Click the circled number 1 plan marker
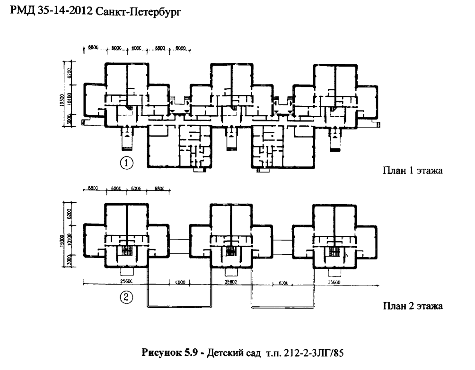[x=126, y=163]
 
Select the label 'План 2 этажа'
[x=412, y=306]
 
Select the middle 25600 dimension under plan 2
[x=230, y=281]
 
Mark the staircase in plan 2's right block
[x=334, y=251]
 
